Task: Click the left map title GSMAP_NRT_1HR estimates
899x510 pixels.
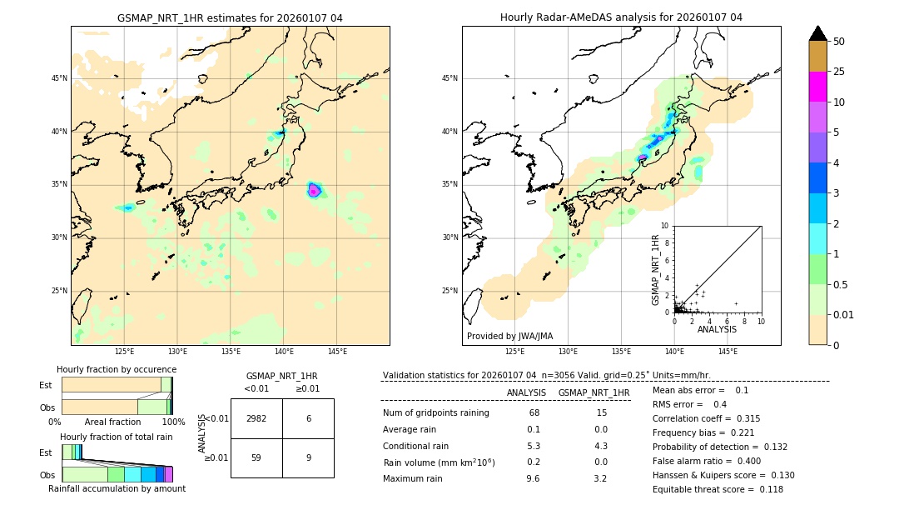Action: pos(230,17)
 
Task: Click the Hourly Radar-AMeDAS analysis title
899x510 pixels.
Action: pos(621,17)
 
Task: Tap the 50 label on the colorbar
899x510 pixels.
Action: pos(839,42)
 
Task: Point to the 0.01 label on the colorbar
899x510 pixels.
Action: pos(844,314)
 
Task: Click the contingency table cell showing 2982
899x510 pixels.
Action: pos(256,418)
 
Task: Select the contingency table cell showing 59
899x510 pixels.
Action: pos(256,457)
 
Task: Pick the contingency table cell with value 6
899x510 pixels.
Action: pos(308,418)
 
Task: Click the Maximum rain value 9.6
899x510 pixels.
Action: pos(534,478)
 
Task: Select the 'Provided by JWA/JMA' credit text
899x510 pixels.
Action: pos(509,336)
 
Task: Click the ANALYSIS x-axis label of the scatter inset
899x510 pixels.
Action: pos(717,329)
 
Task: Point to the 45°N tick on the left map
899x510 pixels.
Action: pos(59,78)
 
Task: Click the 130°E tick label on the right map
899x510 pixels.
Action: pos(568,352)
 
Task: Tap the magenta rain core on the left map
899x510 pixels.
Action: pos(314,191)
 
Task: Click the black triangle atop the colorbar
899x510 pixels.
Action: pos(818,33)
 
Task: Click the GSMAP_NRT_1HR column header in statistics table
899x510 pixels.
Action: pos(594,392)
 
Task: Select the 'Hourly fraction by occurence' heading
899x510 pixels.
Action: pos(117,369)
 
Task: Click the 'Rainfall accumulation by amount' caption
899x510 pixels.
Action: pos(117,488)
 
